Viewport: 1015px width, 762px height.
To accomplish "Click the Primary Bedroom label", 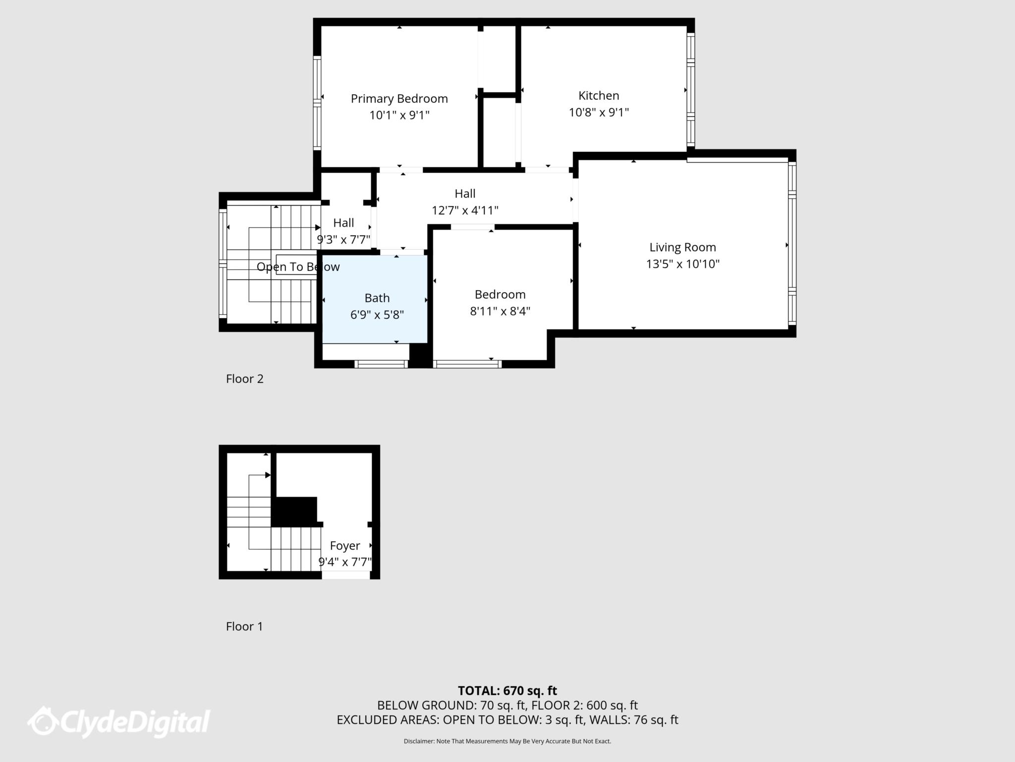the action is point(399,99).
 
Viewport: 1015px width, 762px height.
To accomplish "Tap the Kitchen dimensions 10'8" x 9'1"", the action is point(599,112).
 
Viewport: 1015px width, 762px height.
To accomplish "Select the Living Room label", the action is point(682,247).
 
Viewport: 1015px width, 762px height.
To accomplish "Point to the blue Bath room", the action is point(375,299).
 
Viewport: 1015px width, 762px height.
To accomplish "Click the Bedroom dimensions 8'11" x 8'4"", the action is point(500,311).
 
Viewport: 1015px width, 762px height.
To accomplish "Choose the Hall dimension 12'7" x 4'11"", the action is point(465,210).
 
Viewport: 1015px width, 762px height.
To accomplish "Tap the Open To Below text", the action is point(298,267).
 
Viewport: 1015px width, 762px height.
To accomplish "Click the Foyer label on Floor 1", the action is point(345,546).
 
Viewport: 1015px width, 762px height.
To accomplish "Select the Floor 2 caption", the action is point(245,379).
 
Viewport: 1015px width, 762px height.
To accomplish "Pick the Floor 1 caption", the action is point(244,627).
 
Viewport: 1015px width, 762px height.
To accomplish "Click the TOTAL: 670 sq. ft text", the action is point(507,691).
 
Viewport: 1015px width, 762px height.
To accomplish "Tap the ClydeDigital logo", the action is point(119,721).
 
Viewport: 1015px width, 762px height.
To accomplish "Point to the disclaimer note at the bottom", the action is point(507,741).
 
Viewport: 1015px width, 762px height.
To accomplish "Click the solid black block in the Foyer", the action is point(294,511).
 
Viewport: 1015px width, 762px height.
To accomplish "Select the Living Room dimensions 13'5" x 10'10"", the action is point(682,263).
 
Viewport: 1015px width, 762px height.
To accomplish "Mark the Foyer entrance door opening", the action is point(346,575).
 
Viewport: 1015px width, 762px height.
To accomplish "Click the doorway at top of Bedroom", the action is point(472,227).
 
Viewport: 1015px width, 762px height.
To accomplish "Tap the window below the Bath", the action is point(381,364).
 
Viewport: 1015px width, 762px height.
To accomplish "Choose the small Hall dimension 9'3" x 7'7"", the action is point(344,240).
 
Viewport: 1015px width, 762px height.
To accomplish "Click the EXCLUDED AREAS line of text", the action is point(507,720).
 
